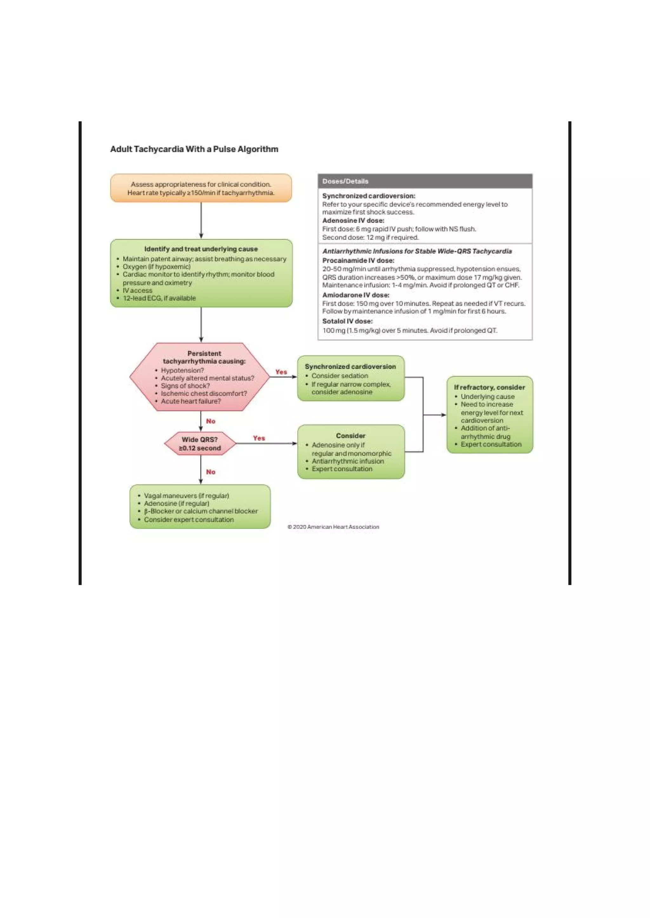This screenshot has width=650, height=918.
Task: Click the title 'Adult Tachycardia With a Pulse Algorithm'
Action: pyautogui.click(x=194, y=149)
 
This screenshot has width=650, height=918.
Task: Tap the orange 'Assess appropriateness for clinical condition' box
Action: pyautogui.click(x=201, y=188)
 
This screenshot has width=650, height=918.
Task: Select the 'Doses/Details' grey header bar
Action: pyautogui.click(x=425, y=181)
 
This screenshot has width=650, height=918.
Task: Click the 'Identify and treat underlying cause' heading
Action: pyautogui.click(x=201, y=249)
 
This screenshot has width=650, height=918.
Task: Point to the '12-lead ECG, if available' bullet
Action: pyautogui.click(x=159, y=298)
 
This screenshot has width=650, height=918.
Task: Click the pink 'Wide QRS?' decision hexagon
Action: pyautogui.click(x=200, y=443)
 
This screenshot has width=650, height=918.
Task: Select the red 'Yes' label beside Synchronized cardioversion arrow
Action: pyautogui.click(x=281, y=372)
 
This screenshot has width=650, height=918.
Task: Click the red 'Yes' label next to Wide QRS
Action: pyautogui.click(x=259, y=438)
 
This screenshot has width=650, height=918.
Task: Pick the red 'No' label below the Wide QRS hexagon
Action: pyautogui.click(x=210, y=472)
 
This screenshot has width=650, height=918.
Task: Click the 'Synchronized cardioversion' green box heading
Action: pyautogui.click(x=350, y=367)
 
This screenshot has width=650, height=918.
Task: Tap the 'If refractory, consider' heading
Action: pyautogui.click(x=489, y=387)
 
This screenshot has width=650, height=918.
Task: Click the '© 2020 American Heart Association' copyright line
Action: pyautogui.click(x=333, y=527)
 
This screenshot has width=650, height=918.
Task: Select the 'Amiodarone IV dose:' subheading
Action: pyautogui.click(x=355, y=295)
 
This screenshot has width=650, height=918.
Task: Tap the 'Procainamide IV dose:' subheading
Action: pyautogui.click(x=358, y=260)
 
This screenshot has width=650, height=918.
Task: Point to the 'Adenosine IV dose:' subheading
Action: pyautogui.click(x=353, y=220)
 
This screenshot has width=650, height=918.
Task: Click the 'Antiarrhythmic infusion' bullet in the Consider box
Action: pyautogui.click(x=348, y=461)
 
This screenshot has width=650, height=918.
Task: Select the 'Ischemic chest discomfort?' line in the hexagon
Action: pyautogui.click(x=204, y=393)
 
